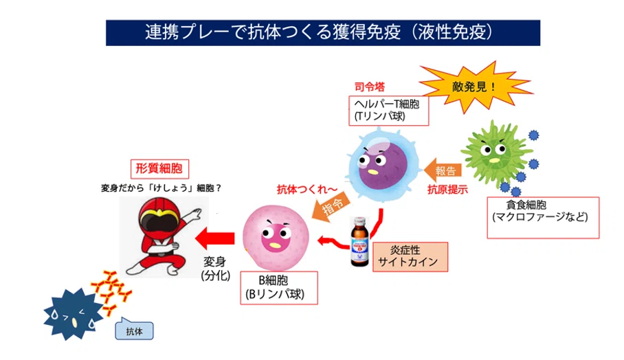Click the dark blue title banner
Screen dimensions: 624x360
click(323, 32)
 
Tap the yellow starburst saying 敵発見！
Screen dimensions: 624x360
click(473, 87)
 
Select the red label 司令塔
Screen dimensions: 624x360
click(370, 87)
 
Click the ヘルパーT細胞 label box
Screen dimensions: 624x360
click(388, 111)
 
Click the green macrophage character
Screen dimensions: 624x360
click(496, 154)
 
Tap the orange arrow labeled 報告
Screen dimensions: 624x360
click(443, 170)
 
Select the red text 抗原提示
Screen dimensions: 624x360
click(447, 190)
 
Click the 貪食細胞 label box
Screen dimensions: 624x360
click(543, 218)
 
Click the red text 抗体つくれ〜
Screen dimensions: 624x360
click(307, 189)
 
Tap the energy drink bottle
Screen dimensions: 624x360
click(359, 241)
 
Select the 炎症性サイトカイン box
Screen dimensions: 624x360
click(410, 257)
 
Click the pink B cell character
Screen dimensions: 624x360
click(276, 238)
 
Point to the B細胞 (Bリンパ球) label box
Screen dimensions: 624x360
click(279, 288)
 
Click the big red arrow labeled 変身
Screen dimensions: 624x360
click(214, 238)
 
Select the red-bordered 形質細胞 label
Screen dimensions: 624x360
click(159, 169)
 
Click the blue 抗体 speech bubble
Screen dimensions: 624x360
click(134, 329)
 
